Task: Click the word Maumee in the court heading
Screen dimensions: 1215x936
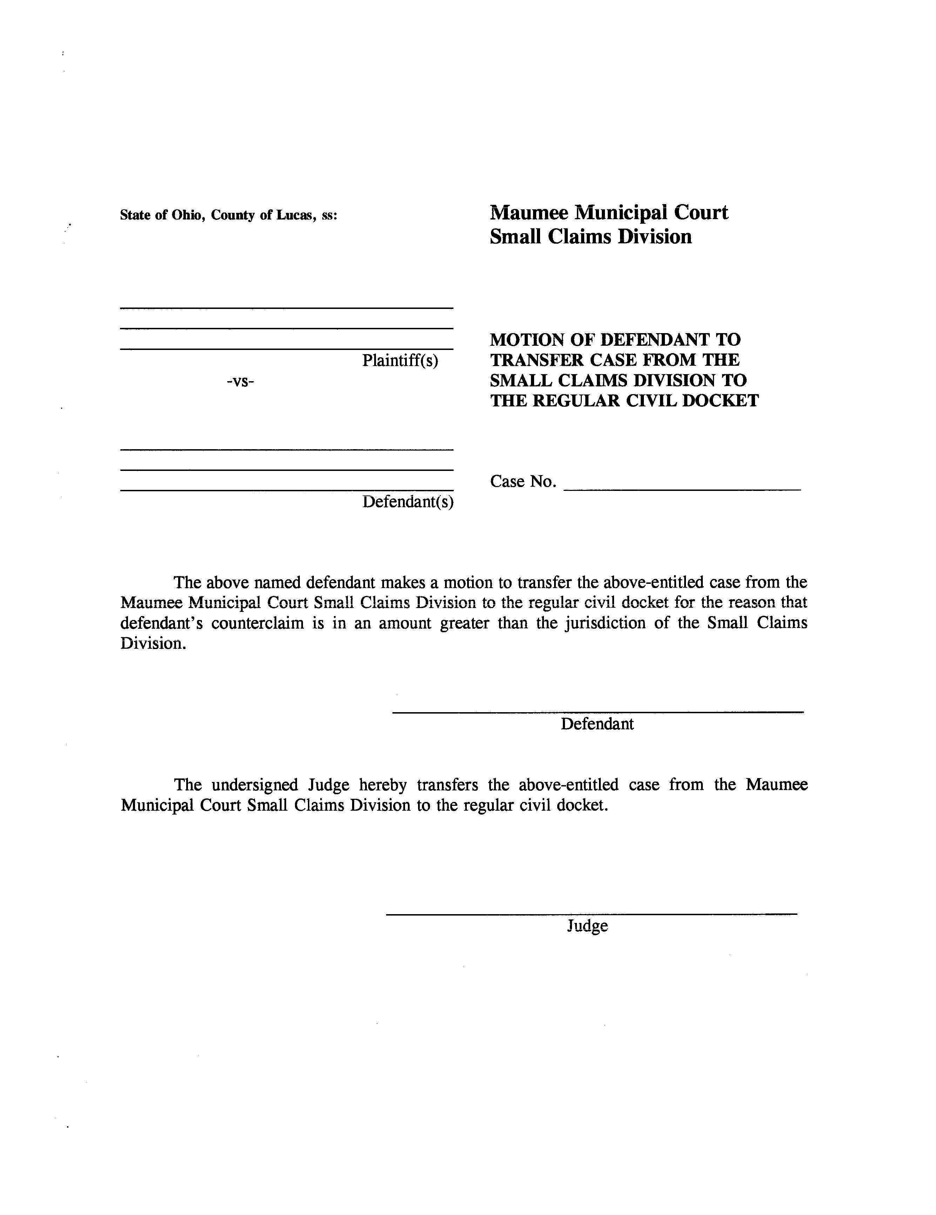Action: pyautogui.click(x=528, y=212)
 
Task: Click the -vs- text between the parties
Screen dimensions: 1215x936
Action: pyautogui.click(x=240, y=382)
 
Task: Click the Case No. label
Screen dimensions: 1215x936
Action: pyautogui.click(x=523, y=481)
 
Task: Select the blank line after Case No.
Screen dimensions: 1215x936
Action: pyautogui.click(x=682, y=489)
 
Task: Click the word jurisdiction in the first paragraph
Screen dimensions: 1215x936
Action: pyautogui.click(x=605, y=623)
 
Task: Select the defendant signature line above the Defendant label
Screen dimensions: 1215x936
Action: pyautogui.click(x=598, y=712)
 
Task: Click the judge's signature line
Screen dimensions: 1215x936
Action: pyautogui.click(x=591, y=914)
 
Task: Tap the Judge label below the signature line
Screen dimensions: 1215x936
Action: pyautogui.click(x=587, y=926)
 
